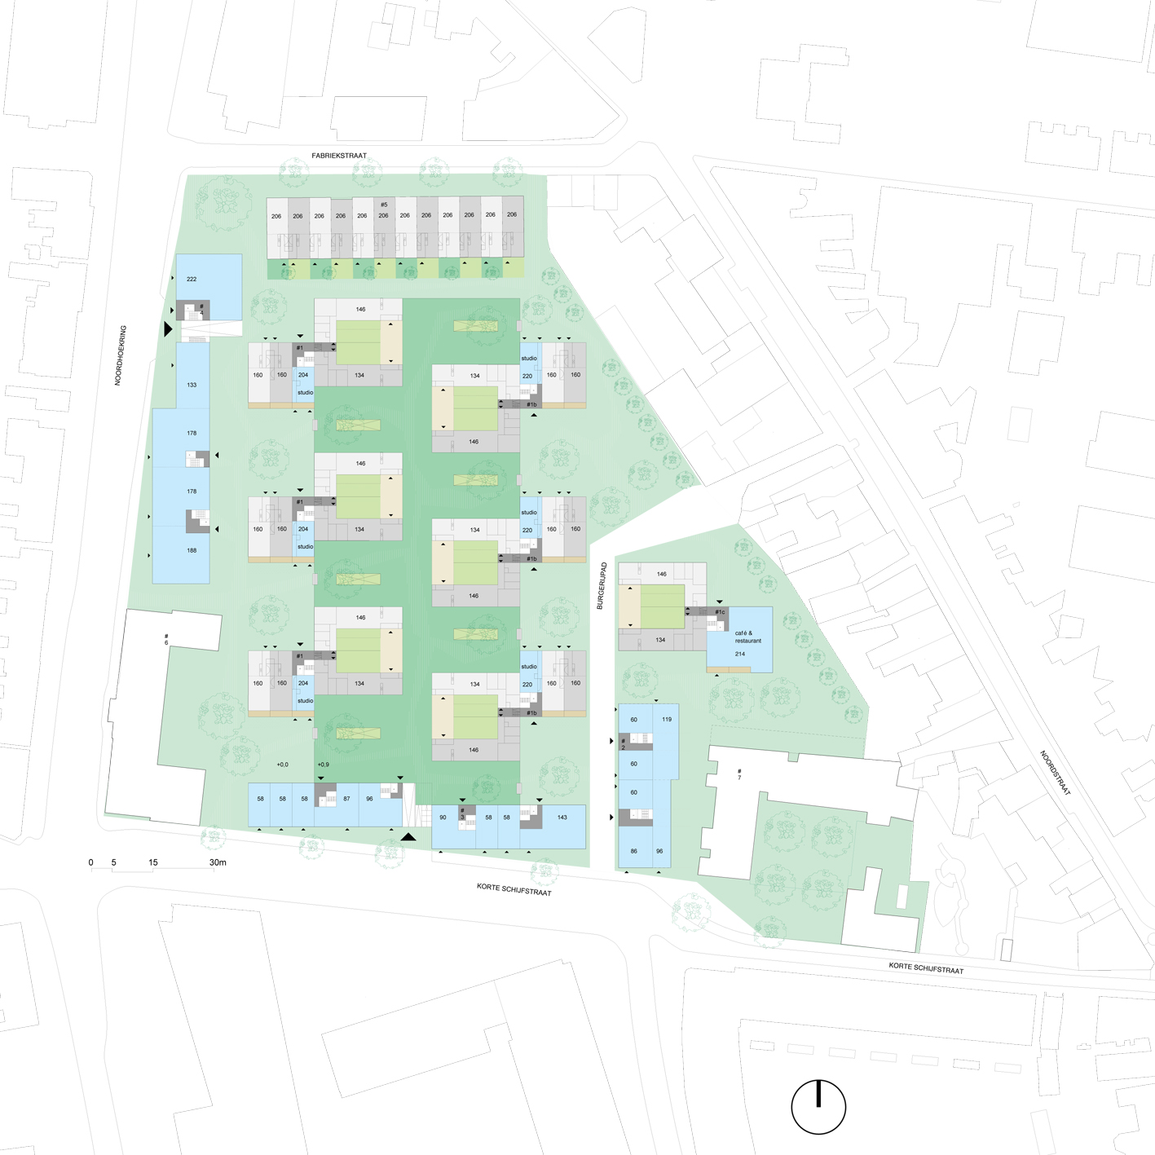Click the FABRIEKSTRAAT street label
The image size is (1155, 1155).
point(339,156)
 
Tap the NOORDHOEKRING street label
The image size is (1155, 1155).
point(120,355)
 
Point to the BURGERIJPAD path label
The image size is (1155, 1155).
point(601,585)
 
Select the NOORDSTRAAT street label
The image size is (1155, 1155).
point(1055,773)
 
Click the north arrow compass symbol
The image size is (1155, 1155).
point(818,1107)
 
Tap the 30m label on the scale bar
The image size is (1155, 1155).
point(218,862)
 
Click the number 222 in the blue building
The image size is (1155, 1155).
point(192,279)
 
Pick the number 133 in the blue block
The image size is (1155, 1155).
point(192,385)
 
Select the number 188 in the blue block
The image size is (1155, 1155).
point(192,550)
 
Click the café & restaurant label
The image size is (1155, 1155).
point(747,637)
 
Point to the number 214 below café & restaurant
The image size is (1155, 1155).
point(740,654)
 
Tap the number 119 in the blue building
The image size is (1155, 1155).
point(667,719)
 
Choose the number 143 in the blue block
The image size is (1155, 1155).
point(562,817)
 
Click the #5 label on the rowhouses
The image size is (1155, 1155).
point(384,205)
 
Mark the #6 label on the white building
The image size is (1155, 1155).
point(166,639)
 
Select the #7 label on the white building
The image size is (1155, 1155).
point(739,774)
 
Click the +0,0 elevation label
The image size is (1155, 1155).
point(282,765)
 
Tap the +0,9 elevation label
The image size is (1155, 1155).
point(323,765)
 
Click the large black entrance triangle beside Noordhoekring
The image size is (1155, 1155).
point(168,328)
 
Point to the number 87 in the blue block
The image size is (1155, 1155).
point(346,799)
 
